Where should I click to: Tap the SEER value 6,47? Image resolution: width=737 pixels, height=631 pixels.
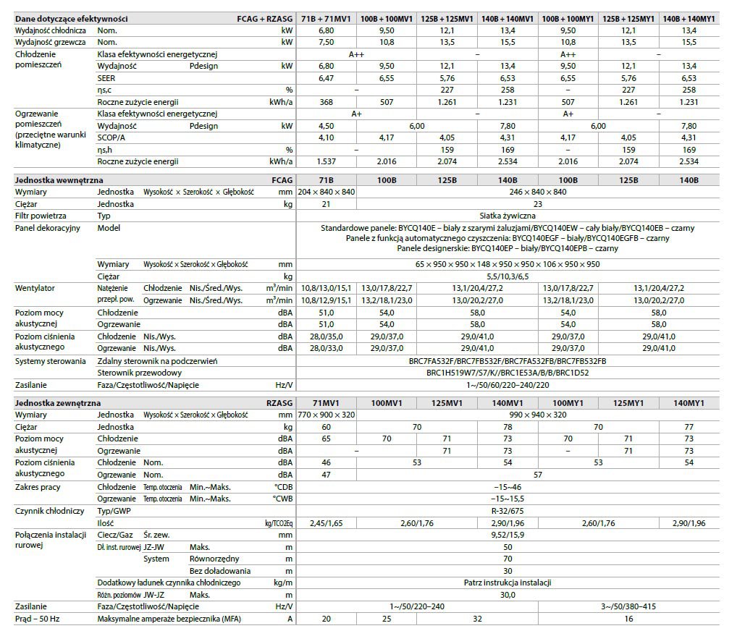[x=325, y=77]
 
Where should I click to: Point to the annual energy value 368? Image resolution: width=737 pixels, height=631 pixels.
[x=325, y=102]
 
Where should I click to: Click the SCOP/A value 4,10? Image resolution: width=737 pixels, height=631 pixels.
[x=325, y=137]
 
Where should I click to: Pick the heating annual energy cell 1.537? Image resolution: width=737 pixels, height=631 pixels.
[x=325, y=161]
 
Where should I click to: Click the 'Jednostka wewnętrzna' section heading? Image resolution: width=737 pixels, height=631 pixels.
[x=59, y=179]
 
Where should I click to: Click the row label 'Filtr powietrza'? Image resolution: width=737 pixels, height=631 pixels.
[x=41, y=216]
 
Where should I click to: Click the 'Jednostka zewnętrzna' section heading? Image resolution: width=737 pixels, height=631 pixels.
[x=58, y=403]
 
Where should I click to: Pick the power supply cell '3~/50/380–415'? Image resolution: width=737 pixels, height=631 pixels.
[x=628, y=606]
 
